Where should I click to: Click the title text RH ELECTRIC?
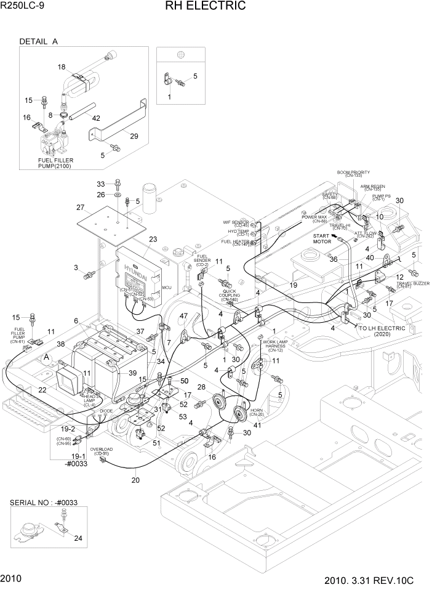click(x=205, y=7)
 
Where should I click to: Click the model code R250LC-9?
click(x=22, y=7)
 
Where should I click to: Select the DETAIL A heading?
click(x=38, y=42)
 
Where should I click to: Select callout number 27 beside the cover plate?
click(x=80, y=207)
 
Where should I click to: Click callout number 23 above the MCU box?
click(x=153, y=239)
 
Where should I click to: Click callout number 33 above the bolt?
click(x=100, y=184)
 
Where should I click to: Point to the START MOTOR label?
click(x=322, y=239)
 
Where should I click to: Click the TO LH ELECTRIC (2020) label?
click(x=383, y=331)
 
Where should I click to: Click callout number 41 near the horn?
click(x=257, y=426)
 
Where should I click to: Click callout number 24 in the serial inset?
click(x=78, y=538)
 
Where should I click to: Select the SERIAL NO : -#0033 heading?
click(x=48, y=503)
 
